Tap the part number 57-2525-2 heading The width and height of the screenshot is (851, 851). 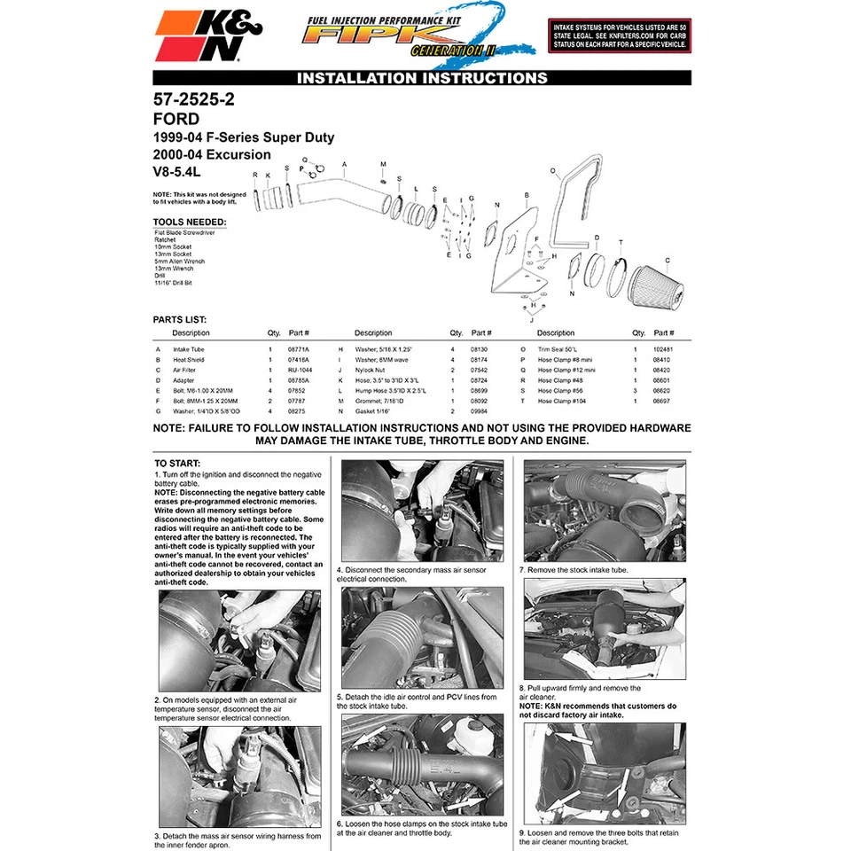click(193, 100)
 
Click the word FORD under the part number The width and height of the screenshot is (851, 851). click(176, 119)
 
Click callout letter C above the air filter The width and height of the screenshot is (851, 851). click(667, 260)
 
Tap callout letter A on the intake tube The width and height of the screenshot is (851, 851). click(344, 165)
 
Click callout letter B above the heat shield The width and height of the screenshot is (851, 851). click(527, 194)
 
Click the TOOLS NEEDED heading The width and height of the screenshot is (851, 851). click(189, 222)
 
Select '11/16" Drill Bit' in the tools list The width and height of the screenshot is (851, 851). click(173, 283)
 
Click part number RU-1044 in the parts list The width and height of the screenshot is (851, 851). click(300, 370)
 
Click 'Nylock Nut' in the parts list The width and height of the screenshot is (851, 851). click(370, 370)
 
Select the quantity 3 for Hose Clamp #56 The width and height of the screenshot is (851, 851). click(636, 390)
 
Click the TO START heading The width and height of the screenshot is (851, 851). click(177, 463)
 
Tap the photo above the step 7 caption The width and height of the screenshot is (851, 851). click(604, 510)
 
